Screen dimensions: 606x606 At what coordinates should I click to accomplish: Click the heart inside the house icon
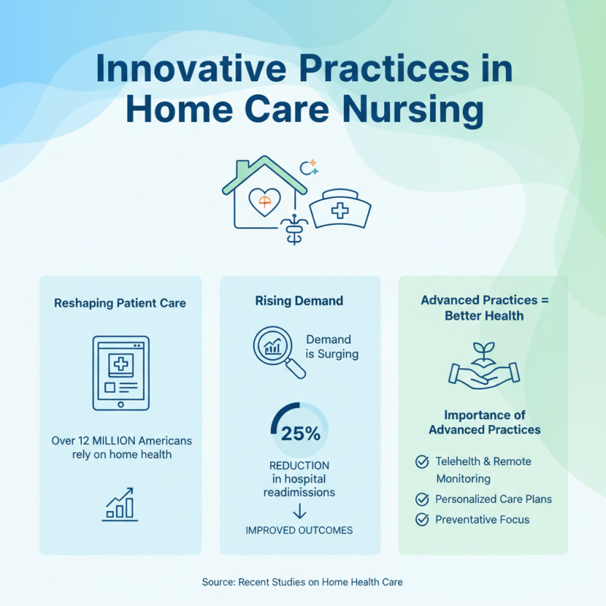[x=264, y=201]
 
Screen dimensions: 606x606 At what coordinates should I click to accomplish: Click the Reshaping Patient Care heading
[x=120, y=303]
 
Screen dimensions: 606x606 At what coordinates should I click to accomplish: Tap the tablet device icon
[x=120, y=373]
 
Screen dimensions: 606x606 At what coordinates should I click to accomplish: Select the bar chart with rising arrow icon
[x=120, y=504]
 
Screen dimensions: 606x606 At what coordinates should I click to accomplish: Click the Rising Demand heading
[x=299, y=301]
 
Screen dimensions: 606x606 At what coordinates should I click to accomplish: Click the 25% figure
[x=300, y=434]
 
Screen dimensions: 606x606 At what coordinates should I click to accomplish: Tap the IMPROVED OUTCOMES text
[x=299, y=530]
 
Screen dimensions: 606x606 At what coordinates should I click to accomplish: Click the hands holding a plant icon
[x=483, y=369]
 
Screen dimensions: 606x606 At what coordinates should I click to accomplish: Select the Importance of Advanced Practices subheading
[x=484, y=423]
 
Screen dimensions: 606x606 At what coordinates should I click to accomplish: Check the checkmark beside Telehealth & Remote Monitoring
[x=422, y=461]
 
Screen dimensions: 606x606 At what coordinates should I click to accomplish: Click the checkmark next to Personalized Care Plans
[x=422, y=499]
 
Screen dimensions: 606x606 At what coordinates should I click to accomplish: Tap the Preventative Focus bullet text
[x=482, y=520]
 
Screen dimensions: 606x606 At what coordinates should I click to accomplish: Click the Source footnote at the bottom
[x=302, y=582]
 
